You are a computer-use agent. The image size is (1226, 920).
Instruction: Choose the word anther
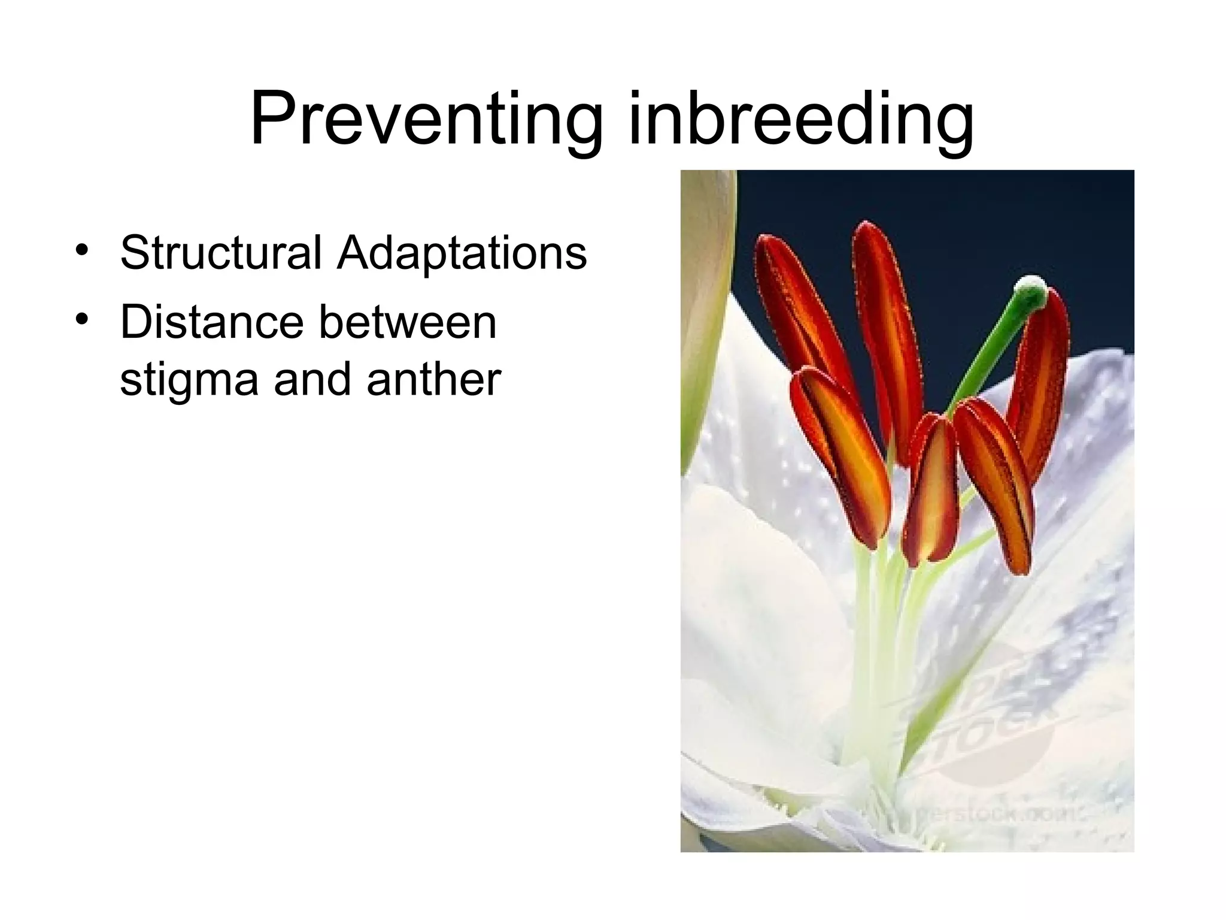433,379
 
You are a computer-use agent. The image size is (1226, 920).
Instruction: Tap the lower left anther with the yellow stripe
841,455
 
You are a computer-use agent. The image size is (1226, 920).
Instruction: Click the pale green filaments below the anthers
880,629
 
